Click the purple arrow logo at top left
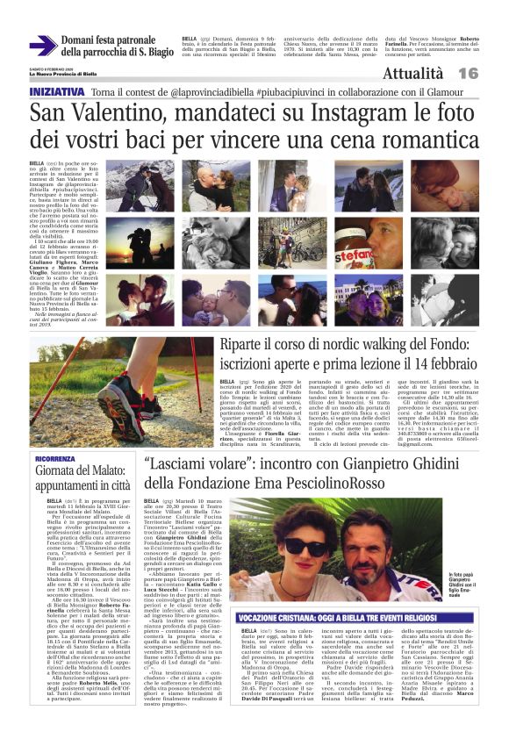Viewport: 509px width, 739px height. tap(43, 46)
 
